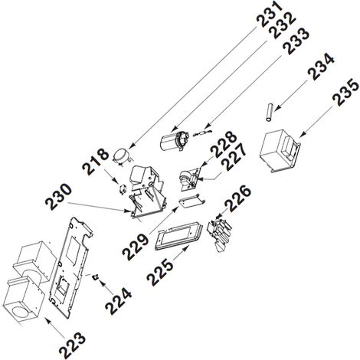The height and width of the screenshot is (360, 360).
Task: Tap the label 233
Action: pyautogui.click(x=296, y=41)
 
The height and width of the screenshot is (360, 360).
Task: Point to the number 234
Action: pyautogui.click(x=320, y=67)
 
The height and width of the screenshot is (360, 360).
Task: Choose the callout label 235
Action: pyautogui.click(x=345, y=91)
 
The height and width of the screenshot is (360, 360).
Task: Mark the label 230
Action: pyautogui.click(x=58, y=197)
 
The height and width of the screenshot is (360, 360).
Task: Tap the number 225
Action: pyautogui.click(x=160, y=272)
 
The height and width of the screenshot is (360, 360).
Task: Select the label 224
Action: pyautogui.click(x=119, y=301)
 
